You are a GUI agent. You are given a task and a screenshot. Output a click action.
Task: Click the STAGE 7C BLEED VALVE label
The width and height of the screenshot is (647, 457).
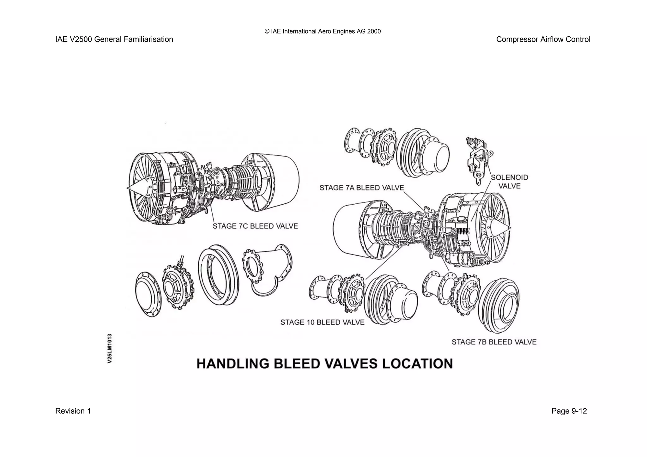point(255,226)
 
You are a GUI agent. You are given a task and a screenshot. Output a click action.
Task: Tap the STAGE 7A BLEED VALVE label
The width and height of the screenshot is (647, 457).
point(362,188)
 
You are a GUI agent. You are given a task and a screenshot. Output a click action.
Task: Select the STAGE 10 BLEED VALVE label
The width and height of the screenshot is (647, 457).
point(322,322)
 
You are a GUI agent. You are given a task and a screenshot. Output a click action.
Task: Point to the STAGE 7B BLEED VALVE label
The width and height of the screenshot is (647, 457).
point(494,342)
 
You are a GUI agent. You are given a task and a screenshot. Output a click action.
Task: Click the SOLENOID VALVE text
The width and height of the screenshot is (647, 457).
point(509,182)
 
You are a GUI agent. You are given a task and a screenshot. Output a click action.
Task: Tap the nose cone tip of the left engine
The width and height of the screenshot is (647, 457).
point(128,188)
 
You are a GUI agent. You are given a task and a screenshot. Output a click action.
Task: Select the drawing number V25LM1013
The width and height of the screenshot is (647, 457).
point(110,348)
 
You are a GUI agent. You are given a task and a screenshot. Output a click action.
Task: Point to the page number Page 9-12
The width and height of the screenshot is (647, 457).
point(569,411)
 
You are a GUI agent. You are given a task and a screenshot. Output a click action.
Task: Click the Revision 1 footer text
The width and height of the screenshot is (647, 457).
point(73,411)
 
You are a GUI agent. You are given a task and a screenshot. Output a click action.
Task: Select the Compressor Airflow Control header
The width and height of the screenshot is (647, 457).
point(543,39)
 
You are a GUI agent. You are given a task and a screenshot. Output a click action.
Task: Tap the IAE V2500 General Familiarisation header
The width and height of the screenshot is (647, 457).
point(114,39)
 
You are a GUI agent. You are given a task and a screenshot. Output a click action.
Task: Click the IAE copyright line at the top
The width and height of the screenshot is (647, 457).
point(323,31)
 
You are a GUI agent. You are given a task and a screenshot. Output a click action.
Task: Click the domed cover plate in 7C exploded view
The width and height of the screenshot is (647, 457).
point(148,294)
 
